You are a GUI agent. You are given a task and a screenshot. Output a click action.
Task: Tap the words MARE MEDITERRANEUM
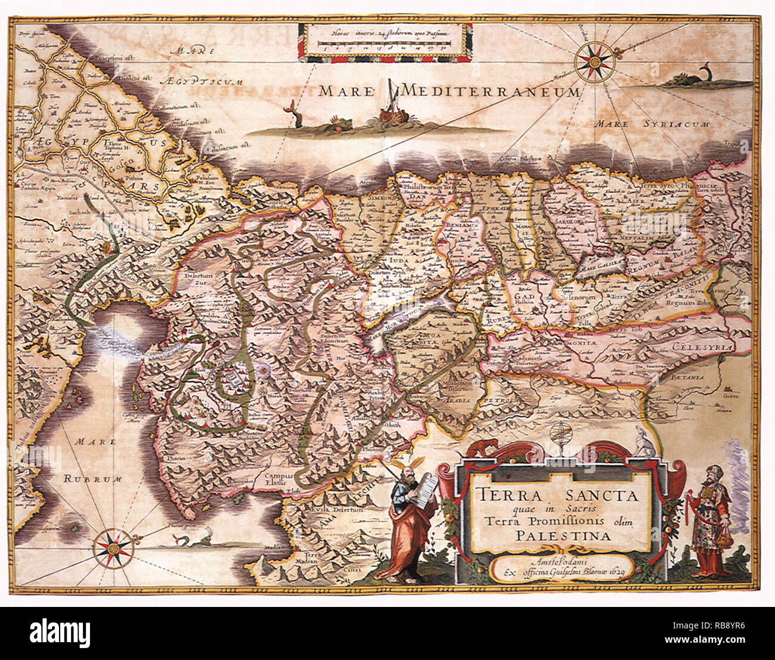click(449, 91)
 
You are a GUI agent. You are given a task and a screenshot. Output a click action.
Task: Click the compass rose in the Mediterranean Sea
click(594, 59)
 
